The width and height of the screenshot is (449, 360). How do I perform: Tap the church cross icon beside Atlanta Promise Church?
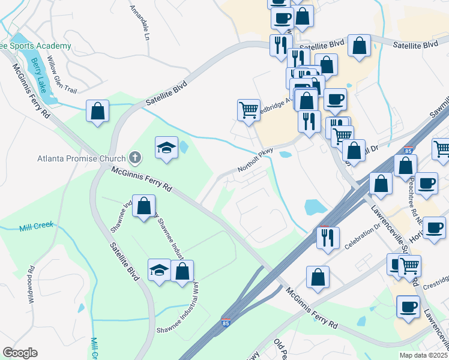pos(136,158)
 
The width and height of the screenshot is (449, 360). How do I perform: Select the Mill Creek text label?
pos(36,226)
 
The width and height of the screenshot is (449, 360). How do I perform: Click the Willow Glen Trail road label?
pos(62,74)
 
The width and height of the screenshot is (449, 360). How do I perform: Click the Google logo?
pos(20,353)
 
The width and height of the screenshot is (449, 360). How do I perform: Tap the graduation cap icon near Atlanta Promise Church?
pos(166,148)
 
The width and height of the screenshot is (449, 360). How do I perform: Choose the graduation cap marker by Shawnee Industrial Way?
pos(159,270)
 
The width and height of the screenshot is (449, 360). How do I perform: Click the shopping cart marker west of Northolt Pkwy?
pos(249,110)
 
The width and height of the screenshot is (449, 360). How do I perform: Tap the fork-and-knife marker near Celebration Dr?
pos(328,238)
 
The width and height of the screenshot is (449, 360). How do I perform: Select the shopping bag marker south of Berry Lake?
pos(97,111)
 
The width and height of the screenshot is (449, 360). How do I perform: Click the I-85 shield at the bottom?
pos(226,323)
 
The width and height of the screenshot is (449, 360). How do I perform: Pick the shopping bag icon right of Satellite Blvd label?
pos(359,45)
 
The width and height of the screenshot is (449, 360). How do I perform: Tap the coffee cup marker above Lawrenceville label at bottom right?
pos(409,307)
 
